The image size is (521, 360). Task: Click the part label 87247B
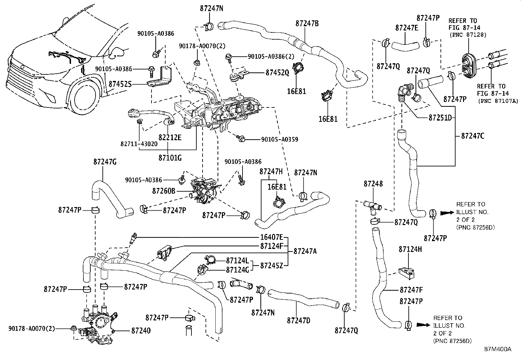[307, 23]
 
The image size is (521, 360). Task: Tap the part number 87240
[141, 331]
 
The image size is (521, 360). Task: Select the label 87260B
[164, 190]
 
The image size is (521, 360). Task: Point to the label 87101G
[170, 158]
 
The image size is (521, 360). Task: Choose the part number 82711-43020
[139, 143]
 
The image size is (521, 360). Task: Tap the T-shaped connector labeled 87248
[372, 206]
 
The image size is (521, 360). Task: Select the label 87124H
[410, 249]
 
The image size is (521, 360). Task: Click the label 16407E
[272, 237]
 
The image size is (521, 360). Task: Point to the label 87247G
[105, 161]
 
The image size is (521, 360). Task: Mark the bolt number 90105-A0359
[279, 139]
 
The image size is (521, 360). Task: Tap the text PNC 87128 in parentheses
[468, 34]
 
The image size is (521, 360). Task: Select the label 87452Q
[277, 73]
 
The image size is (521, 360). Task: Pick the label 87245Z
[272, 266]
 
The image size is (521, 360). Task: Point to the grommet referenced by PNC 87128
[469, 65]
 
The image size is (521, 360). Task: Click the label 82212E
[170, 137]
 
